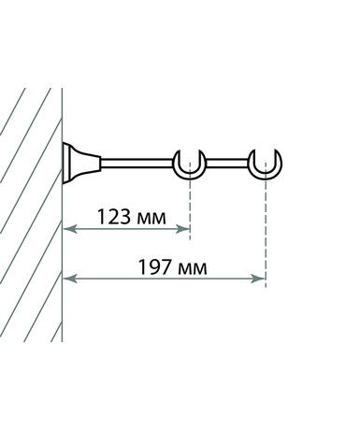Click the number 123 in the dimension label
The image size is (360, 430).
114,217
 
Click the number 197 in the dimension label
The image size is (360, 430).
155,267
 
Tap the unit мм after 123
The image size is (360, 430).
151,219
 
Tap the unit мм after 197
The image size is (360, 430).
193,269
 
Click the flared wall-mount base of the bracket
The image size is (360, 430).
81,163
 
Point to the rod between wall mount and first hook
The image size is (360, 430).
137,164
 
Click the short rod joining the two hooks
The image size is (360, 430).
227,164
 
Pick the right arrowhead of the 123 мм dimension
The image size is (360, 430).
183,229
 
